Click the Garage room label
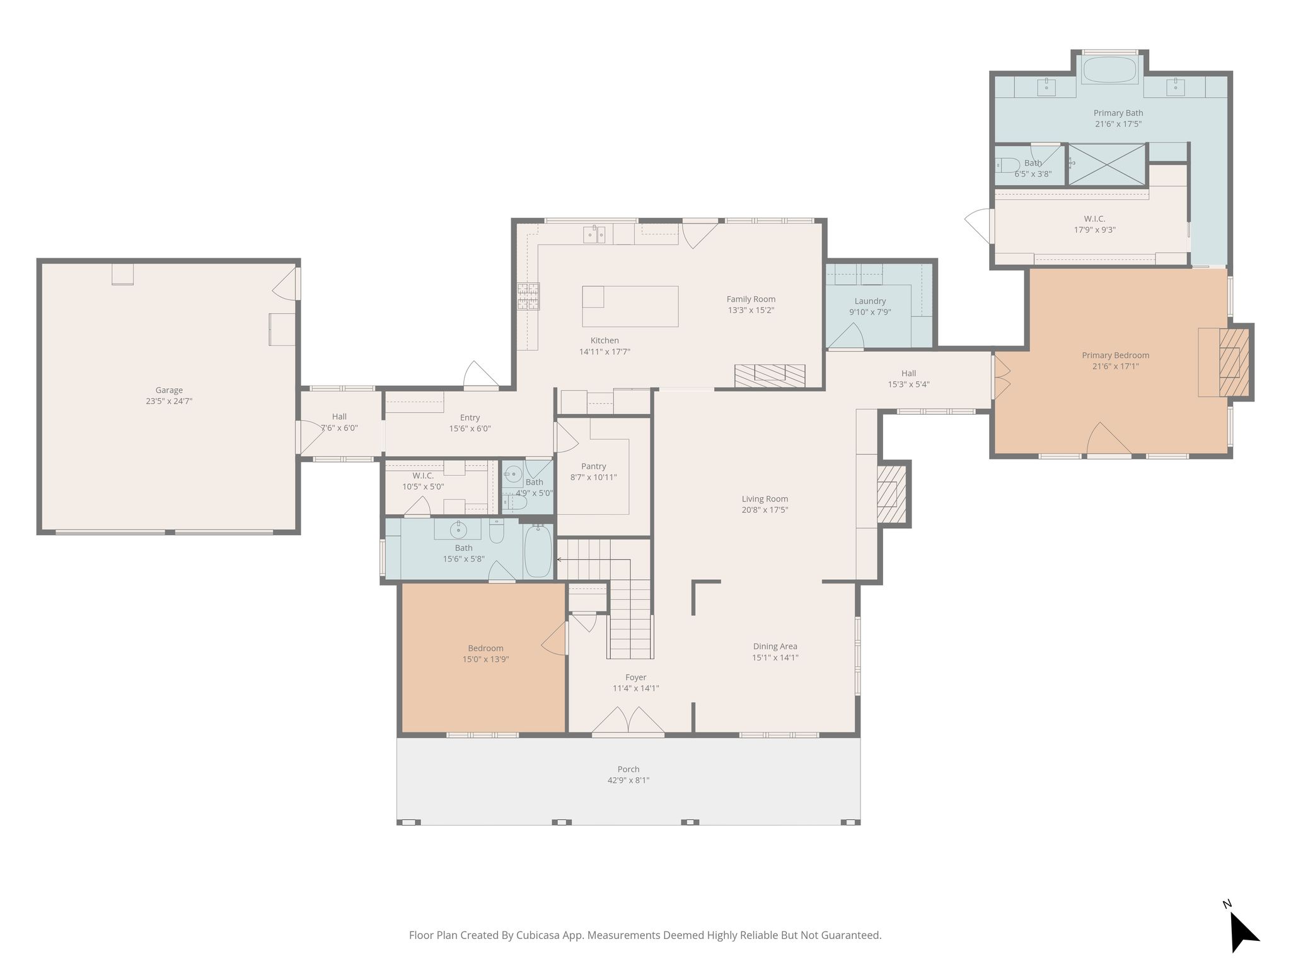tap(169, 390)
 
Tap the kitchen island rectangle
tap(630, 306)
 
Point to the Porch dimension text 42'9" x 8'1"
tap(628, 780)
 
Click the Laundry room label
tap(870, 301)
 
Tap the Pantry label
tap(594, 466)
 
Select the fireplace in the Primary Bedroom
tap(1234, 362)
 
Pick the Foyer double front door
tap(628, 720)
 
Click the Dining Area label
tap(775, 646)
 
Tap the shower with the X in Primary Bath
tap(1107, 164)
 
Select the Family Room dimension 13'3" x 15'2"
tap(751, 310)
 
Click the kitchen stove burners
tap(528, 296)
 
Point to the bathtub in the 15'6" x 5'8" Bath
tap(538, 551)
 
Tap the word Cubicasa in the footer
tap(540, 936)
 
